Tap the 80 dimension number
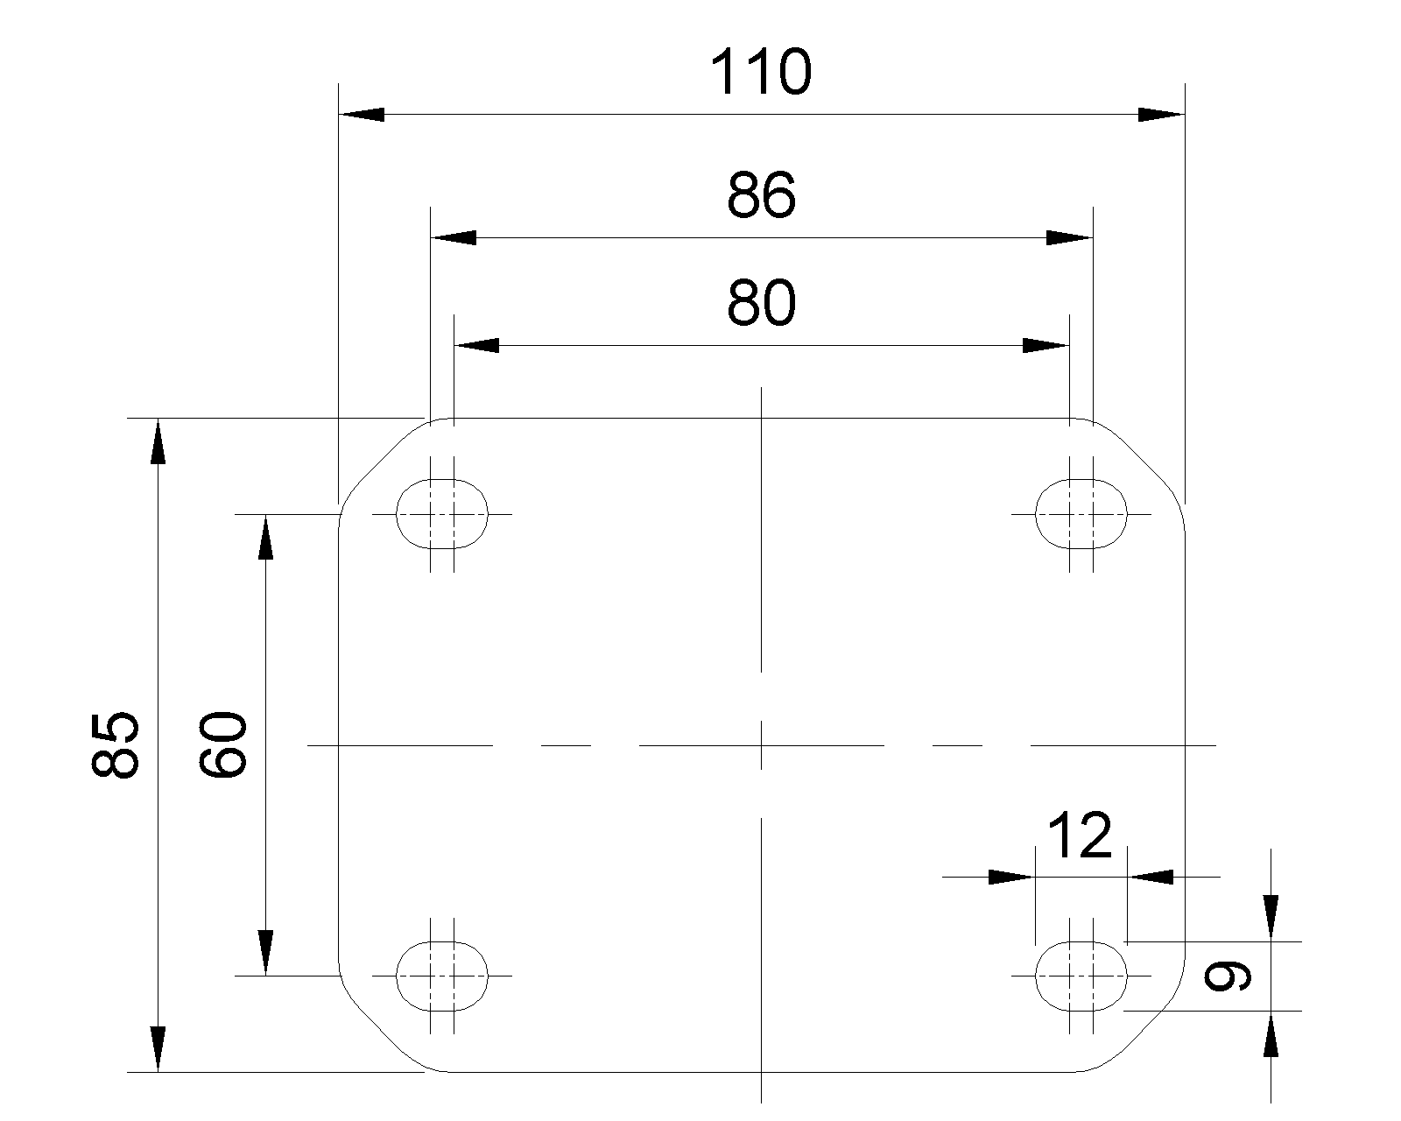pos(761,304)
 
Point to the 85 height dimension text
pos(115,744)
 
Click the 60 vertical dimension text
pos(223,744)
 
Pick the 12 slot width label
pos(1079,836)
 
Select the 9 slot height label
pos(1228,976)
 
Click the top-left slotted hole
pos(442,513)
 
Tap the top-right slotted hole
pos(1081,513)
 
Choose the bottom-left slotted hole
pos(442,975)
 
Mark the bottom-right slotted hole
pos(1081,975)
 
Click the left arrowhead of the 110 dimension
pos(361,114)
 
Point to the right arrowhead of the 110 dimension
pos(1161,114)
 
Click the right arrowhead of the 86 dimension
pos(1070,237)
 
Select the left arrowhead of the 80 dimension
pos(477,345)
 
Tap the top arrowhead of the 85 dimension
pos(158,441)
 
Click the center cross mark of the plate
pos(762,745)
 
